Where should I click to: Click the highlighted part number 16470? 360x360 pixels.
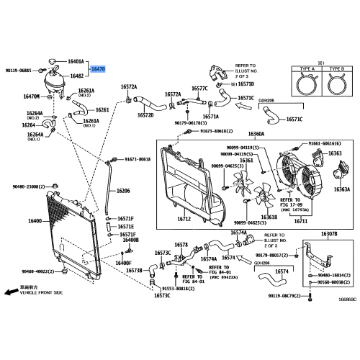coord(97,69)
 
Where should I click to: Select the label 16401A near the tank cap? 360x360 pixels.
coord(76,62)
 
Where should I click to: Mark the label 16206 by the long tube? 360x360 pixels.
coord(123,191)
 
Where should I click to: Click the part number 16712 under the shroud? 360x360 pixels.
coord(184,219)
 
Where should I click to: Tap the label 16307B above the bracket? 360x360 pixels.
coord(328,234)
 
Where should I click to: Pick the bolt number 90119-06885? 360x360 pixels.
coord(19,70)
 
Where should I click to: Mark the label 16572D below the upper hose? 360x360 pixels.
coord(145,114)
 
